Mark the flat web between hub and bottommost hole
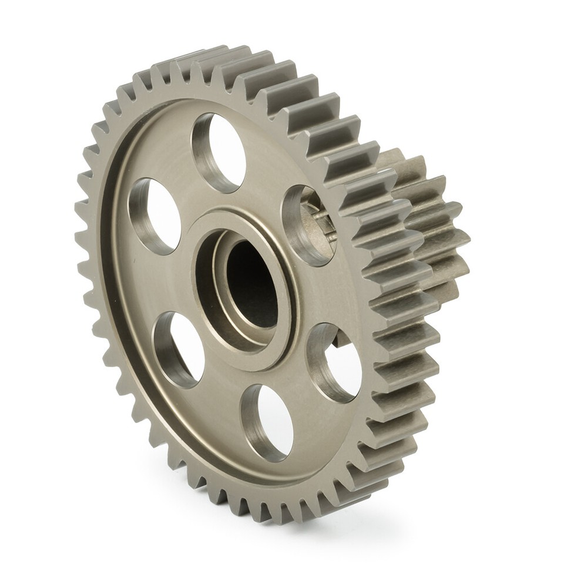click(x=258, y=376)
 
